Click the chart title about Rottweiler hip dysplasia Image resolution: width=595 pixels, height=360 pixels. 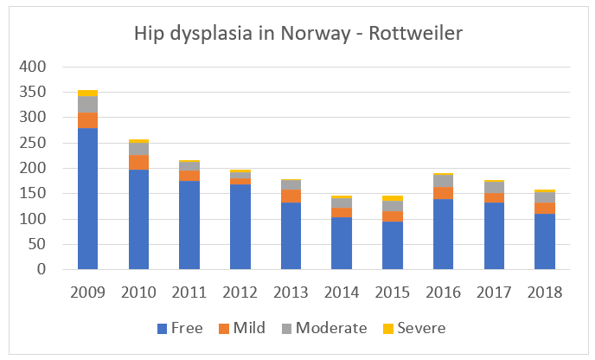point(297,34)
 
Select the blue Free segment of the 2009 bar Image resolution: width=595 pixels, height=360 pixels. point(87,198)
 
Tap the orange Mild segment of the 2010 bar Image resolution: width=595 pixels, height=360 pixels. point(138,162)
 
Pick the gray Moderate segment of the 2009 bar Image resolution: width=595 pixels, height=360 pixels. point(87,105)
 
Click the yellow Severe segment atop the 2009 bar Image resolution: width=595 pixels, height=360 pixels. point(87,93)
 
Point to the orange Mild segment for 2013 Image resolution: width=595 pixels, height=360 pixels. point(291,196)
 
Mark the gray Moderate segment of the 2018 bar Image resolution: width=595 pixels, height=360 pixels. point(545,196)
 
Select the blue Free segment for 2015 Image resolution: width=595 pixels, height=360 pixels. point(393,245)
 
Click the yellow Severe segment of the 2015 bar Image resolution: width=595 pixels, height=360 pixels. point(393,198)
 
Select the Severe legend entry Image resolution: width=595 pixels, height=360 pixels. point(412,328)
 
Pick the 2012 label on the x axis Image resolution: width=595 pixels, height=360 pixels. point(240,292)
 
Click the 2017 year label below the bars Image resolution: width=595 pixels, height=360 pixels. point(495,292)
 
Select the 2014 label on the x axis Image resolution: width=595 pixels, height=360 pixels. point(342,292)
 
